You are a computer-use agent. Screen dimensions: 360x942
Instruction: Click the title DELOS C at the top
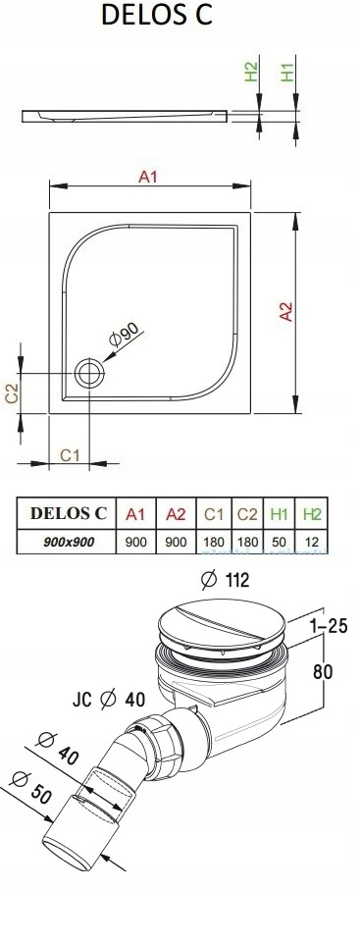(x=157, y=16)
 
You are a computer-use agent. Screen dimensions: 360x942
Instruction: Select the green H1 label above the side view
(x=288, y=71)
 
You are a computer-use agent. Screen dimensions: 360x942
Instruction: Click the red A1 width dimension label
(x=148, y=177)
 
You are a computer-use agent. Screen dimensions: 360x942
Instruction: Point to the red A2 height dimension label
(x=286, y=311)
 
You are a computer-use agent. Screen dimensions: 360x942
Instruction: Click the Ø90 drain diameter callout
(x=124, y=334)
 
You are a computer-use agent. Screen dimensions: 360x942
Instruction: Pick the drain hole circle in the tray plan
(x=89, y=374)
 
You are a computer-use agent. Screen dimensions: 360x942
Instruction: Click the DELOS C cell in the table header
(x=68, y=513)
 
